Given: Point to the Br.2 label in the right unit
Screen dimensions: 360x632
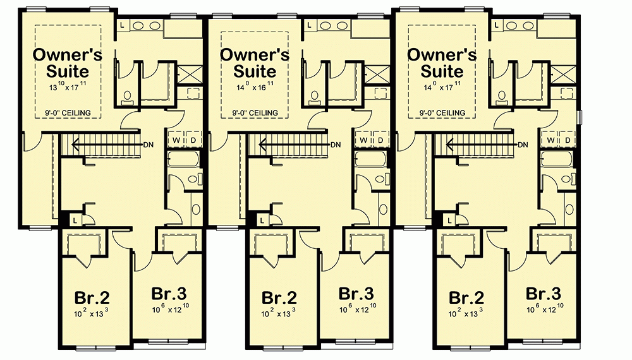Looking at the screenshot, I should click(x=466, y=297).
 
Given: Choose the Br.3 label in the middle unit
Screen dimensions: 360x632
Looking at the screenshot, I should click(x=356, y=294).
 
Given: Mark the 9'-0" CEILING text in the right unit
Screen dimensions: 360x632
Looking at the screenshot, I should click(x=442, y=113).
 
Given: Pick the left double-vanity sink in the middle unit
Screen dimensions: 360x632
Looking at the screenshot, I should click(x=326, y=26).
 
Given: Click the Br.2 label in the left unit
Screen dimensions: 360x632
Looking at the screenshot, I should click(x=92, y=297).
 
